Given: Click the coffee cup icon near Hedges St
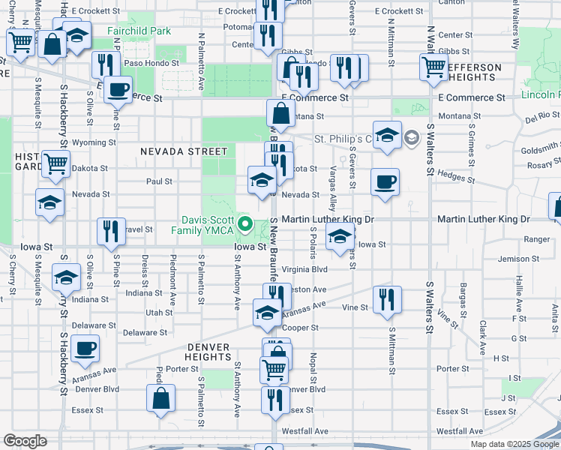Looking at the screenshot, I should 385,182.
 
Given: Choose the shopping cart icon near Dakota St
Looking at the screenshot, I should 55,163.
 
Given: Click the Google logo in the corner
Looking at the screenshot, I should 25,441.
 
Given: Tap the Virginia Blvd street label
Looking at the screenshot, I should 305,268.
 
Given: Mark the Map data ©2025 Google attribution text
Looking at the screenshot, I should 514,444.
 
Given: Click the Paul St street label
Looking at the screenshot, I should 159,181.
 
